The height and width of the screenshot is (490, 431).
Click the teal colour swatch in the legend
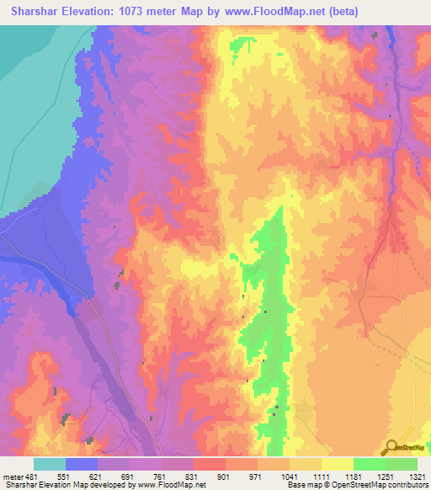pyautogui.click(x=50, y=464)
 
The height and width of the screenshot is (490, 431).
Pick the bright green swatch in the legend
pyautogui.click(x=370, y=464)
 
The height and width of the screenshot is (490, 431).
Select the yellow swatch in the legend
pyautogui.click(x=338, y=464)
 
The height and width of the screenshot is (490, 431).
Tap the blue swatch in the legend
pyautogui.click(x=82, y=464)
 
